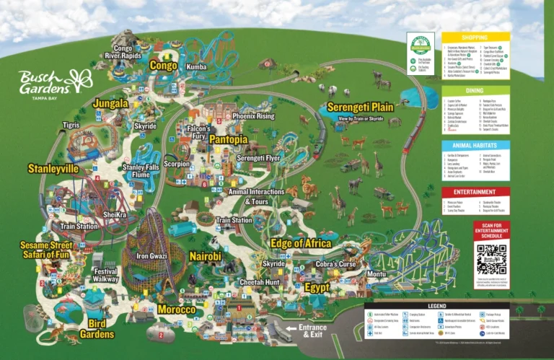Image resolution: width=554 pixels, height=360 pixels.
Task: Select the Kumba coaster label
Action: pos(196,66)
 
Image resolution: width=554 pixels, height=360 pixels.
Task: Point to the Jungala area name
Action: pos(110,104)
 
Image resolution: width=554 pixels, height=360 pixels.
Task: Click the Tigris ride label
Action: pos(71,126)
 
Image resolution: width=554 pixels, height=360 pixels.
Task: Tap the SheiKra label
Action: pos(115,214)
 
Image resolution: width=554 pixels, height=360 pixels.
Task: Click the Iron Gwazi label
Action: pos(153,255)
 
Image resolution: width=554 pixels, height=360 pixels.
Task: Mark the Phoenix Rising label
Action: pos(253,115)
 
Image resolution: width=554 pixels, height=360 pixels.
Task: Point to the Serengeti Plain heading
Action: pos(360,107)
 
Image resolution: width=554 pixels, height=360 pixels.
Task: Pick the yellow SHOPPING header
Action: pos(475,36)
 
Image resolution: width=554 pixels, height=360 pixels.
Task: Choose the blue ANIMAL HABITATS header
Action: pos(475,145)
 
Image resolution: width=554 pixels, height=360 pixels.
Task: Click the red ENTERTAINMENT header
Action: pos(475,192)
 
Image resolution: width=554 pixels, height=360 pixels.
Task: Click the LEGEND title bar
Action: pos(436,306)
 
